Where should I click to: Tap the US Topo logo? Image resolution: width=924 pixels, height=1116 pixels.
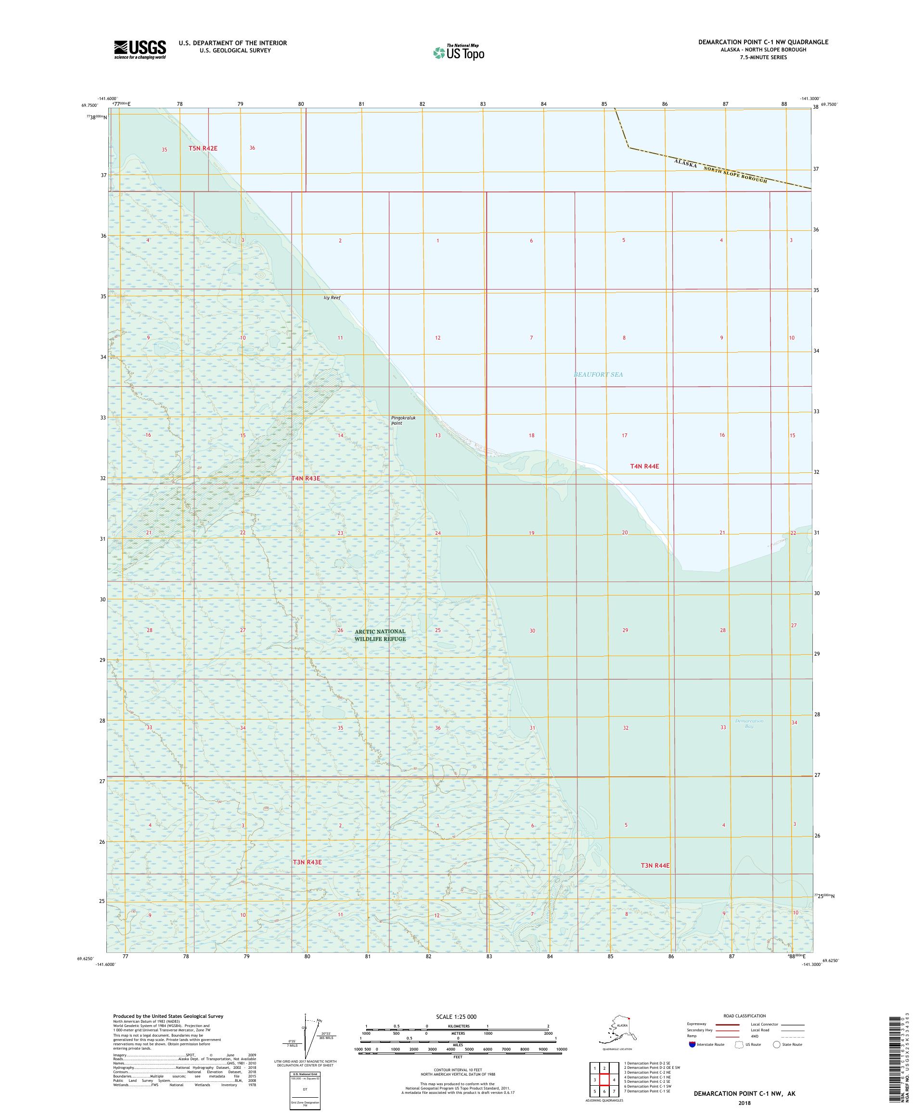click(458, 52)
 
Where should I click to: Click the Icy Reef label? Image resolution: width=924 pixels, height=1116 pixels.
click(332, 298)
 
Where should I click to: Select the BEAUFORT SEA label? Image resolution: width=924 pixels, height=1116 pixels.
click(598, 375)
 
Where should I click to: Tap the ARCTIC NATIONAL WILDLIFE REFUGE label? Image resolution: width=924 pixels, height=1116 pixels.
click(380, 635)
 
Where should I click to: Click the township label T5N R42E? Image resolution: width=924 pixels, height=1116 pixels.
click(203, 148)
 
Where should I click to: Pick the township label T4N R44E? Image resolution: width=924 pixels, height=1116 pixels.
click(644, 466)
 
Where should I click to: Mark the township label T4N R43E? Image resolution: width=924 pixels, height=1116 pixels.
click(306, 478)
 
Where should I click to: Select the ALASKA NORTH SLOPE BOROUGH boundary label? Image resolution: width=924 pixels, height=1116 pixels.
click(720, 171)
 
